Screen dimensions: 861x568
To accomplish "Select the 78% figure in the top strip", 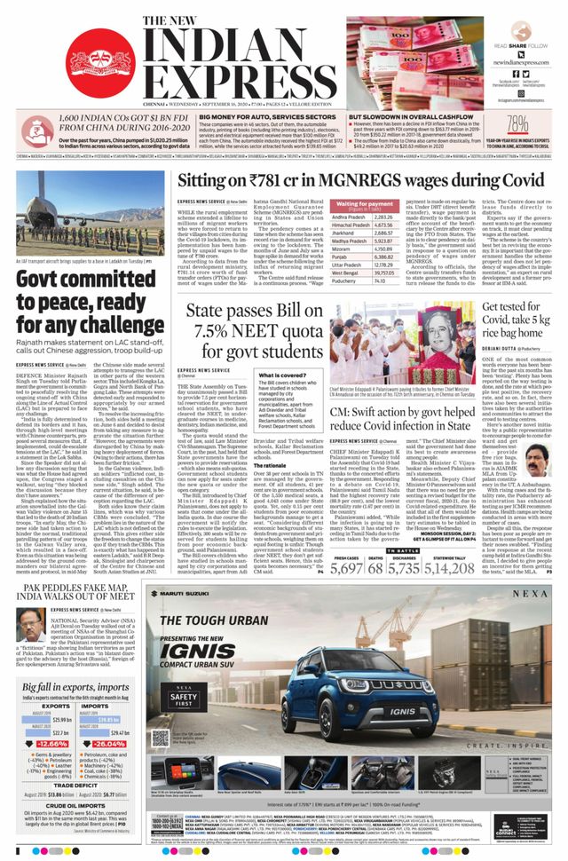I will (543, 125).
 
